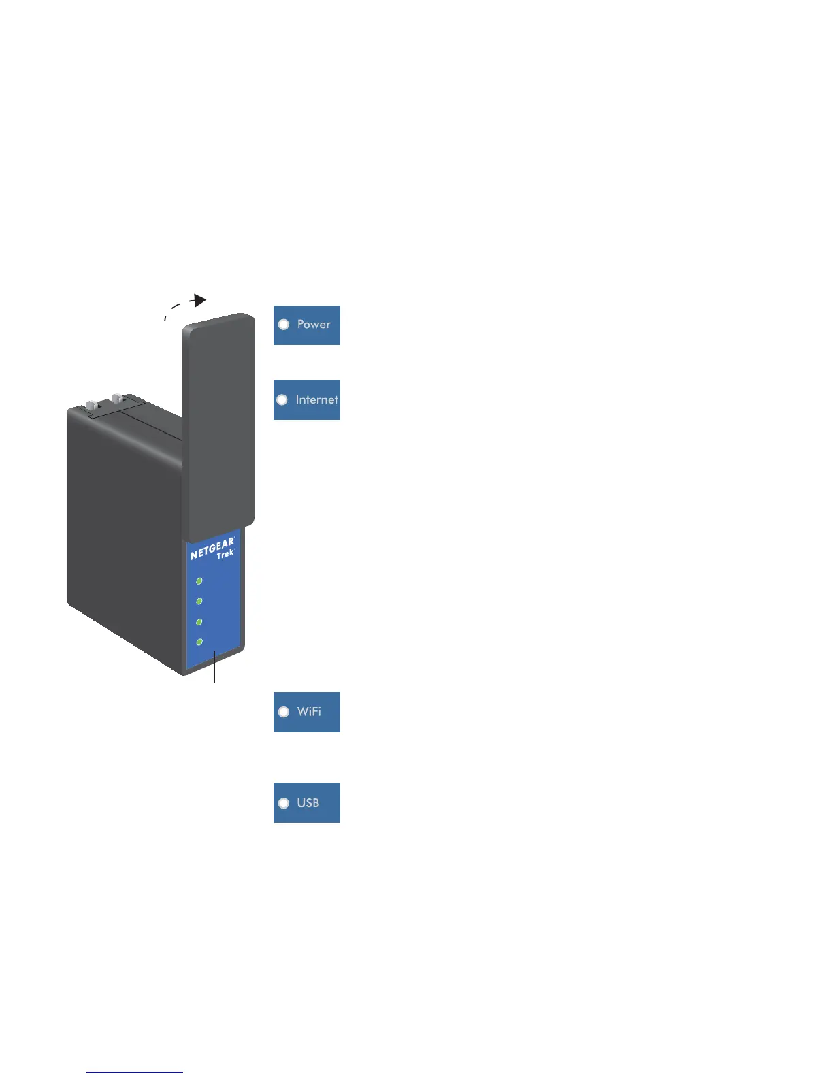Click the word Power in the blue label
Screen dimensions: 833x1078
click(x=314, y=325)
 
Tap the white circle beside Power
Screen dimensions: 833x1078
click(x=284, y=325)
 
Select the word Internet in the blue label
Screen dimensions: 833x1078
click(x=316, y=399)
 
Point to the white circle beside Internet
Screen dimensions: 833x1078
click(x=282, y=399)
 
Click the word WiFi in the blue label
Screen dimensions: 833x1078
click(x=309, y=712)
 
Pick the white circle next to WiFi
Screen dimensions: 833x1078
click(x=284, y=712)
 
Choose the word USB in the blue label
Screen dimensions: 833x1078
click(x=308, y=803)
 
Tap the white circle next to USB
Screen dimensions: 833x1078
click(x=284, y=803)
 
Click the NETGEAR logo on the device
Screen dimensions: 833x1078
click(x=212, y=548)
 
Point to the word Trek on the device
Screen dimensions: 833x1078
click(x=225, y=555)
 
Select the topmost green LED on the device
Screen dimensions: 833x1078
click(x=199, y=581)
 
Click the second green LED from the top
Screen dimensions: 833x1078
click(x=199, y=602)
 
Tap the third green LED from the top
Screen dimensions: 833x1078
click(x=199, y=622)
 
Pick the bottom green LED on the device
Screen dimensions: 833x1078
click(x=199, y=642)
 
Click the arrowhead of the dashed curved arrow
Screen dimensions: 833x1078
click(x=199, y=300)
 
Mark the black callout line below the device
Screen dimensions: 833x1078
click(x=215, y=668)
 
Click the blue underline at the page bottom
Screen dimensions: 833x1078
click(x=135, y=1072)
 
